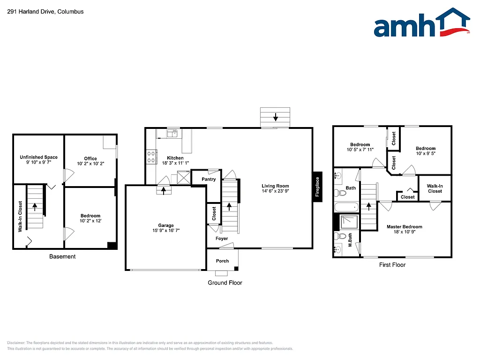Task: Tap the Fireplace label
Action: pyautogui.click(x=317, y=186)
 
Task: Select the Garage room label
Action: pyautogui.click(x=166, y=225)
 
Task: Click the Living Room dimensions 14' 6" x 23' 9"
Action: pyautogui.click(x=275, y=191)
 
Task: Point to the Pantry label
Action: pyautogui.click(x=209, y=180)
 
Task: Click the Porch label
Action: pyautogui.click(x=223, y=261)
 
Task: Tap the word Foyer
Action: pyautogui.click(x=222, y=239)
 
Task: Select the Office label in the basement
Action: pyautogui.click(x=90, y=158)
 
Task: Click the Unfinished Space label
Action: pyautogui.click(x=38, y=157)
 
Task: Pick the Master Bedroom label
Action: pyautogui.click(x=405, y=227)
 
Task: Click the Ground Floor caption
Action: pyautogui.click(x=225, y=283)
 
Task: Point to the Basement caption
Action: pyautogui.click(x=62, y=256)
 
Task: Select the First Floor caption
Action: pyautogui.click(x=392, y=265)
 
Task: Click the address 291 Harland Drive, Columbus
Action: pyautogui.click(x=45, y=11)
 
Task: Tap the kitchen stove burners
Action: pyautogui.click(x=151, y=157)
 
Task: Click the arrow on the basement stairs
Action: pyautogui.click(x=34, y=206)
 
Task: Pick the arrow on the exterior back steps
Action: pyautogui.click(x=276, y=116)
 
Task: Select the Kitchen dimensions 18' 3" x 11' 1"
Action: pyautogui.click(x=175, y=163)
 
